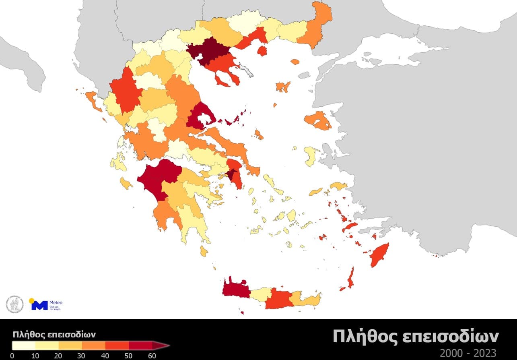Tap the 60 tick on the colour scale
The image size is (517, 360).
coord(152,355)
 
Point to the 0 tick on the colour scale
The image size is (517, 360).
coord(12,355)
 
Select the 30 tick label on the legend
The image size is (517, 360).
coord(82,355)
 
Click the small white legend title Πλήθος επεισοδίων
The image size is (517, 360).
coord(54,334)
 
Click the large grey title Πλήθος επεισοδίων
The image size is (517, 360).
coord(416,337)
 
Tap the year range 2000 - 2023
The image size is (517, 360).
coord(468,353)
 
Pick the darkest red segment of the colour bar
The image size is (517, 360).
coord(140,345)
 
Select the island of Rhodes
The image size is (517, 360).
coord(379,255)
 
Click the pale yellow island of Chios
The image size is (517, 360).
coord(311,156)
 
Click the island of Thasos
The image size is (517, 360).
coord(262,51)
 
